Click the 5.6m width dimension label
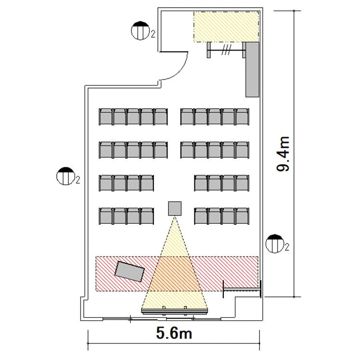pos(174,333)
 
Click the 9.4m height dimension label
pos(283,154)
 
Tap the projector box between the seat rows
pos(175,208)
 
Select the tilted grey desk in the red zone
pos(129,271)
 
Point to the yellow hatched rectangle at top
pos(226,26)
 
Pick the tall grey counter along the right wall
pos(252,69)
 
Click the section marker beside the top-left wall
pos(140,30)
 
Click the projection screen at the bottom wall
pos(174,311)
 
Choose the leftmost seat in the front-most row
pos(105,216)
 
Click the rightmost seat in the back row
pos(243,117)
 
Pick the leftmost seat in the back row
pos(105,117)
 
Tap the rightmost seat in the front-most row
pos(243,216)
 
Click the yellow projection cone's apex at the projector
pos(175,217)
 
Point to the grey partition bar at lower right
pos(242,289)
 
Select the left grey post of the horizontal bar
pos(208,50)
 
